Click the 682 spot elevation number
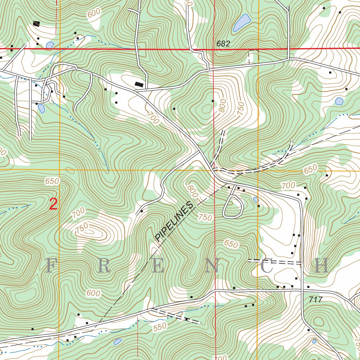point(223,44)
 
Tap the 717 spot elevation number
point(315,300)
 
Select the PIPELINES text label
point(175,221)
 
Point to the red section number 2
point(53,204)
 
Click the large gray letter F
point(51,266)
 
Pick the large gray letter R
point(104,266)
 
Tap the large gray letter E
point(158,266)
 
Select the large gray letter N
point(212,266)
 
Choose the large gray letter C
point(266,266)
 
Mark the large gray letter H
point(321,266)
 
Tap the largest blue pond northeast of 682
point(241,23)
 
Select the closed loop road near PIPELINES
point(233,206)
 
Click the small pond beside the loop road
point(256,200)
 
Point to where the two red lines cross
point(214,49)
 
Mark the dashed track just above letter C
point(274,262)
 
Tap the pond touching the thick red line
point(50,45)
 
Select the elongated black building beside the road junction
point(139,84)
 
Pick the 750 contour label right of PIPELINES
point(205,217)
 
